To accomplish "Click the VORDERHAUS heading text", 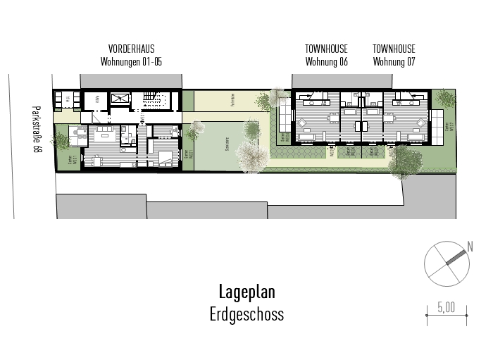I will coord(131,49).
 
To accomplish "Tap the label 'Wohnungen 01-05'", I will coord(131,61).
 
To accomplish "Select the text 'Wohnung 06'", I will coord(326,61).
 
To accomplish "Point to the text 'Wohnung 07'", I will coord(394,61).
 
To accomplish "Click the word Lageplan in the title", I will coord(246,292).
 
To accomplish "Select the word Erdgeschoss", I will coord(246,314).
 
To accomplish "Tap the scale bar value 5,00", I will coord(446,307).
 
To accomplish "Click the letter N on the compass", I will coord(470,247).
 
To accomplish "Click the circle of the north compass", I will coord(445,262).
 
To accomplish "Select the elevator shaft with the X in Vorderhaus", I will coord(119,99).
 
